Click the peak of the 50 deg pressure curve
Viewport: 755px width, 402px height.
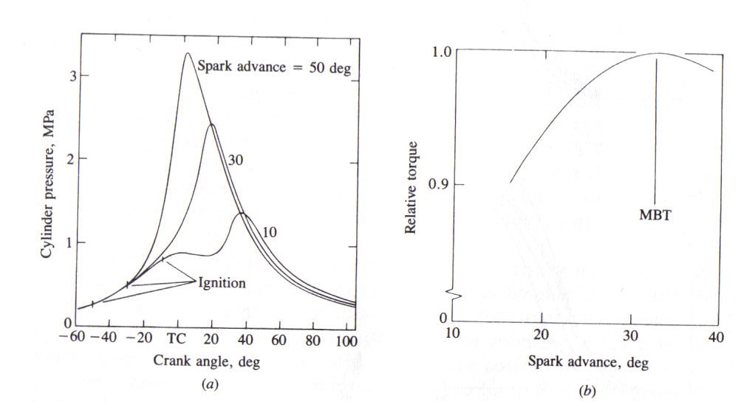(x=187, y=53)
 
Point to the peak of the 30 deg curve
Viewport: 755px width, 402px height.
(x=211, y=124)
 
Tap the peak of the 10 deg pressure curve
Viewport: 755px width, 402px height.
(x=242, y=213)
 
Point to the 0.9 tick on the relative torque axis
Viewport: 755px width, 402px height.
(x=439, y=184)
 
